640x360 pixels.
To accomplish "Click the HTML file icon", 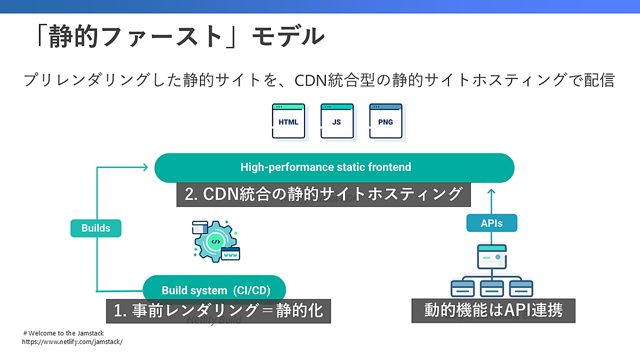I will tap(289, 122).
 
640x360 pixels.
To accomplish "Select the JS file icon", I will tap(337, 122).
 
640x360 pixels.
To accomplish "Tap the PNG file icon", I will tap(386, 122).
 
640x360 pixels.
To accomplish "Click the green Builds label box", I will tap(96, 228).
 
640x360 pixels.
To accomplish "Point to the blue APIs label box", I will tap(492, 223).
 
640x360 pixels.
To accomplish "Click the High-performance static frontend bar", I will tap(334, 167).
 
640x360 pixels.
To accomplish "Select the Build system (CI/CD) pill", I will tap(214, 290).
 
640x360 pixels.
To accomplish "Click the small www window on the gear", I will tap(231, 254).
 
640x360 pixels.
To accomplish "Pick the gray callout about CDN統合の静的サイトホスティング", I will tap(323, 194).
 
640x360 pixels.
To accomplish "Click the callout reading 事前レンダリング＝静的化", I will tap(219, 310).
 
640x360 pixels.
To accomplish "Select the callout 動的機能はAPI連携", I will tap(493, 310).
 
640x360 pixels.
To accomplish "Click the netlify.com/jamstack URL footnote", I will tap(73, 342).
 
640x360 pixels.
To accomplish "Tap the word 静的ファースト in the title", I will tap(135, 36).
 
